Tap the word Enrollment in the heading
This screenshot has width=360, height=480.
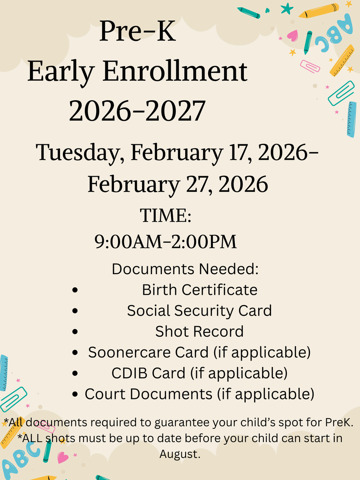pyautogui.click(x=174, y=72)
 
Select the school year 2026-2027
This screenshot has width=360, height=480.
pyautogui.click(x=137, y=111)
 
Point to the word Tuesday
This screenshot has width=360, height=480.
pyautogui.click(x=80, y=152)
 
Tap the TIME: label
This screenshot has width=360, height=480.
pyautogui.click(x=166, y=216)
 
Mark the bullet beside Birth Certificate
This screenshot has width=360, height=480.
pyautogui.click(x=75, y=290)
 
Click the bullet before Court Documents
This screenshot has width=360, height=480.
pyautogui.click(x=75, y=395)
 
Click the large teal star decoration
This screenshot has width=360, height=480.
pyautogui.click(x=286, y=8)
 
